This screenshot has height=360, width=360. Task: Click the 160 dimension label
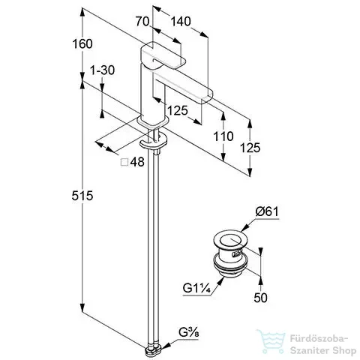(x=82, y=44)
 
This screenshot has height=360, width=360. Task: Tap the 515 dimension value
(x=82, y=196)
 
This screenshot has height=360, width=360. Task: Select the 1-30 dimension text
(x=103, y=70)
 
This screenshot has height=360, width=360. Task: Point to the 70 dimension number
(x=142, y=22)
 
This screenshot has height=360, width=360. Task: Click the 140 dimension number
(x=181, y=22)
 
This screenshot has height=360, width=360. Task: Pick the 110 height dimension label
(x=223, y=136)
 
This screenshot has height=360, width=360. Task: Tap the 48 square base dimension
(x=137, y=162)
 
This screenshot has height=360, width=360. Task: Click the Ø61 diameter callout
(x=267, y=212)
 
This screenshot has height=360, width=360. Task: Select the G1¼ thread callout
(x=197, y=289)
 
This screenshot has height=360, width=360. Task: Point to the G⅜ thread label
(x=189, y=333)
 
